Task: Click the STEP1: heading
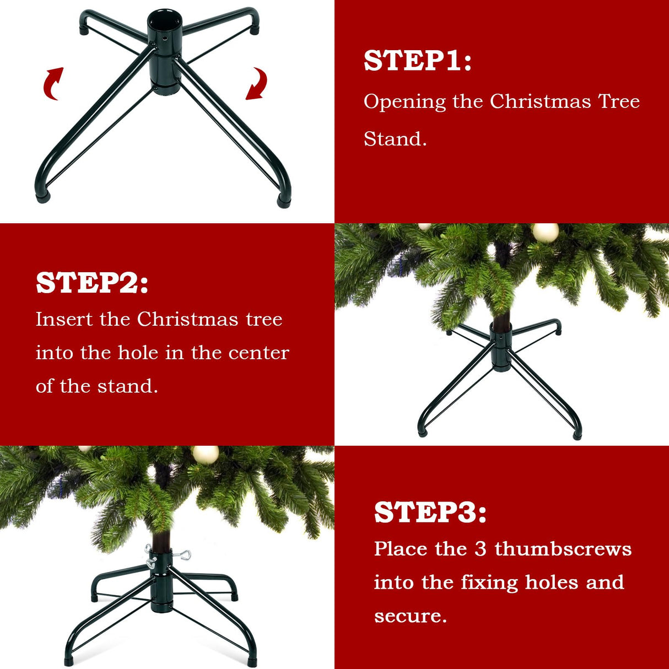417,61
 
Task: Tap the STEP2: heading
92,283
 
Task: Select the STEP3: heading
430,512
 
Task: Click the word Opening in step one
404,102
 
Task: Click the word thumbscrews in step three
563,549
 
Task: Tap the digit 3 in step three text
481,549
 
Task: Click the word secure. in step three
411,616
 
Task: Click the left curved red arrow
53,84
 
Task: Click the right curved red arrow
256,84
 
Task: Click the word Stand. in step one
395,139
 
